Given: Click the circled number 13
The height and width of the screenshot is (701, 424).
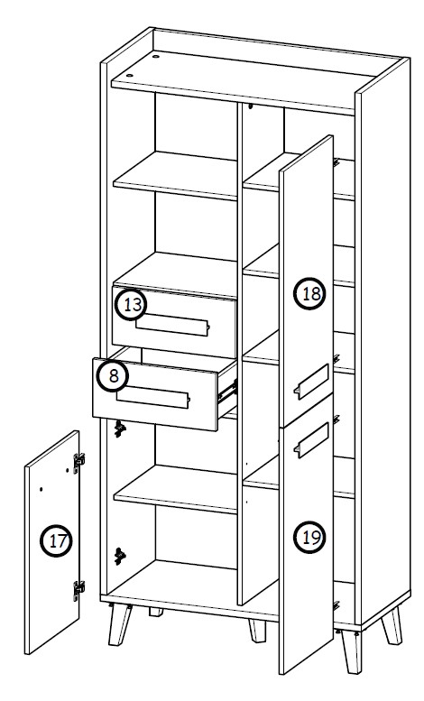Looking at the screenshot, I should click(132, 305).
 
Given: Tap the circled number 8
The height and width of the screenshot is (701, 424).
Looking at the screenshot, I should click(110, 375).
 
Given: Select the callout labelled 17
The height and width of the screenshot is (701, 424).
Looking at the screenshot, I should click(56, 541).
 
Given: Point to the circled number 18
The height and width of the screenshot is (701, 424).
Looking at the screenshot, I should click(309, 293).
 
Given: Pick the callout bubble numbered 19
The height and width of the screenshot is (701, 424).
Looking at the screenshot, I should click(309, 537).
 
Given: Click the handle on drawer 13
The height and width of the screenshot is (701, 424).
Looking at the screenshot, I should click(177, 325).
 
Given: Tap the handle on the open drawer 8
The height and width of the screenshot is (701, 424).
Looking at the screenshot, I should click(155, 393).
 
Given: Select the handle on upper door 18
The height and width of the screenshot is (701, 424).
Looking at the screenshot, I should click(309, 383).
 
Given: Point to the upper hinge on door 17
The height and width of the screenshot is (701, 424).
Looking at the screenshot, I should click(78, 459).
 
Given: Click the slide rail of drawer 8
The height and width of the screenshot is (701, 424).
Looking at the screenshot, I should click(227, 390).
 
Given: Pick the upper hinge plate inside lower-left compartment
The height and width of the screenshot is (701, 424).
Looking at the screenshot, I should click(119, 430).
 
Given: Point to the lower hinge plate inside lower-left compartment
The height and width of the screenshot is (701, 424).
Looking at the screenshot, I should click(120, 554).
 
